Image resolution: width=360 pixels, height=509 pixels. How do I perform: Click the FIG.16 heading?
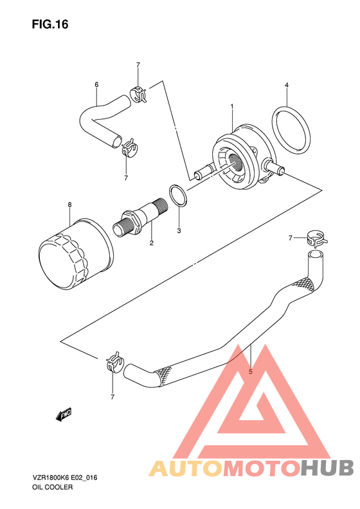(50, 24)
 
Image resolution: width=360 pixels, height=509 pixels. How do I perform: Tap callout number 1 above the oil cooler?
(232, 106)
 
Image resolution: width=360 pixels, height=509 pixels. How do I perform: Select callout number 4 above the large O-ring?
(287, 85)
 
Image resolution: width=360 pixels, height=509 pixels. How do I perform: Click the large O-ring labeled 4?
(291, 129)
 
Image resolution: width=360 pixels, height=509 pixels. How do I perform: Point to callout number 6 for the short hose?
(96, 85)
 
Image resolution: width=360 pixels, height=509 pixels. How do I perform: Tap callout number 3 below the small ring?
(179, 231)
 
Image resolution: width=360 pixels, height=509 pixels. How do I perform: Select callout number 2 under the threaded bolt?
(152, 243)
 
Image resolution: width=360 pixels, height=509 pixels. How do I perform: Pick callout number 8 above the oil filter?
(69, 205)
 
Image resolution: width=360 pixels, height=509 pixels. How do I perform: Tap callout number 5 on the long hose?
(250, 372)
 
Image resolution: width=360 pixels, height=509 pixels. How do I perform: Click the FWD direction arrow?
(64, 414)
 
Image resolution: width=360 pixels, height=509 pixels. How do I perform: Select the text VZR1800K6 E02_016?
(64, 477)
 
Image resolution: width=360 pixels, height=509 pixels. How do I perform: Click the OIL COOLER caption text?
(53, 487)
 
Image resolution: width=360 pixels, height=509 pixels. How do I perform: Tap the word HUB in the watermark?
(327, 468)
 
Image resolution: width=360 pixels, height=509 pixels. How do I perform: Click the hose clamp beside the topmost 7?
(138, 94)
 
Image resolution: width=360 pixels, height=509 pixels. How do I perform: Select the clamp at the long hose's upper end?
(316, 238)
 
